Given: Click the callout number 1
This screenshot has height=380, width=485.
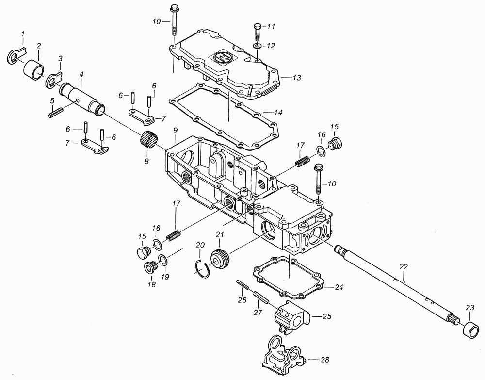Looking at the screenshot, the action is pyautogui.click(x=22, y=33).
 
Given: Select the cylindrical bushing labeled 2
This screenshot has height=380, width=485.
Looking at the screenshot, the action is pyautogui.click(x=34, y=69).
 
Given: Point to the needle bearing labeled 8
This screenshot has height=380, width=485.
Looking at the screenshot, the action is pyautogui.click(x=148, y=140).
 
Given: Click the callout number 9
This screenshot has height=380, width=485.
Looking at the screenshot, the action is pyautogui.click(x=176, y=131).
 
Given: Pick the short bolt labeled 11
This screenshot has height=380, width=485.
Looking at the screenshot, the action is pyautogui.click(x=258, y=33).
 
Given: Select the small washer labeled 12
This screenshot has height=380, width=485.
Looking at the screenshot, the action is pyautogui.click(x=257, y=46).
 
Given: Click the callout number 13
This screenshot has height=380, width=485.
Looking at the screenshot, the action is pyautogui.click(x=296, y=77).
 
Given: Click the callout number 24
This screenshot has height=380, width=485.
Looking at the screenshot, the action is pyautogui.click(x=339, y=287).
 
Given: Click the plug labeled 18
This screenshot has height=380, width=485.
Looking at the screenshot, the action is pyautogui.click(x=151, y=267).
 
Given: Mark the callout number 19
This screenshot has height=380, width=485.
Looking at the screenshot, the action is pyautogui.click(x=165, y=276).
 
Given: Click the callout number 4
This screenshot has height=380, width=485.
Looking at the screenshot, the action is pyautogui.click(x=81, y=75).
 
